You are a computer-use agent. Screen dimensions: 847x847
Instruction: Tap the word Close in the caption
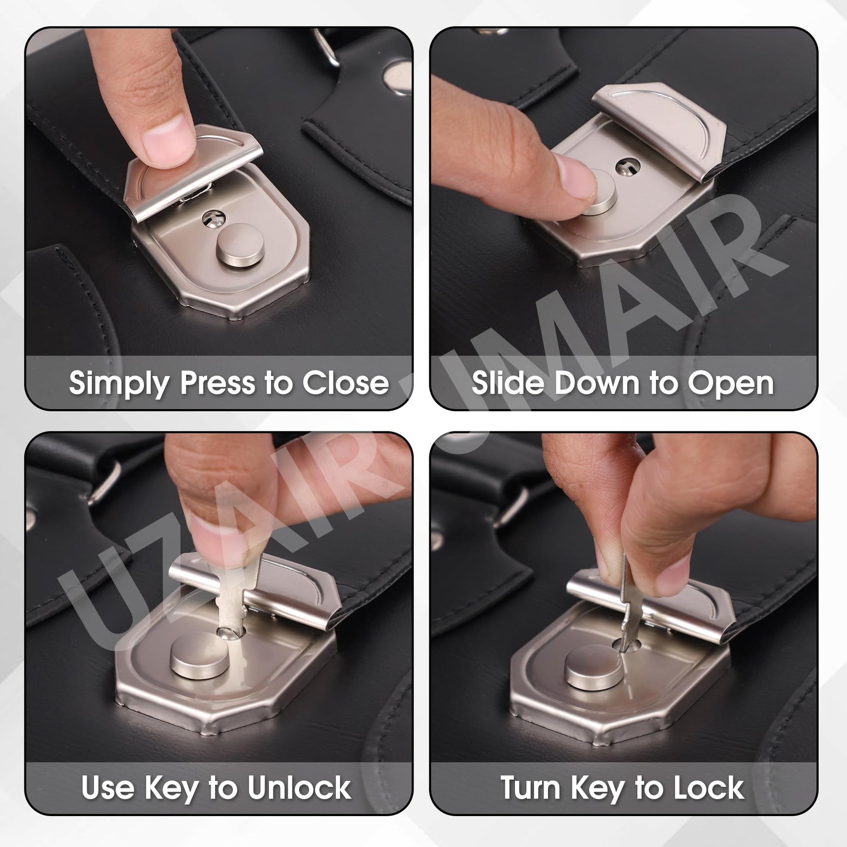click(346, 383)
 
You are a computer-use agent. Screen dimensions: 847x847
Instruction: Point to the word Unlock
click(299, 787)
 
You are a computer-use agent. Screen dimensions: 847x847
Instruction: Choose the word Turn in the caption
click(530, 788)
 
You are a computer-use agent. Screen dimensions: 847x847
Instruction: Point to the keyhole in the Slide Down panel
click(627, 166)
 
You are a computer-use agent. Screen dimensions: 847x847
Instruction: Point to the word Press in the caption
click(218, 383)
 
